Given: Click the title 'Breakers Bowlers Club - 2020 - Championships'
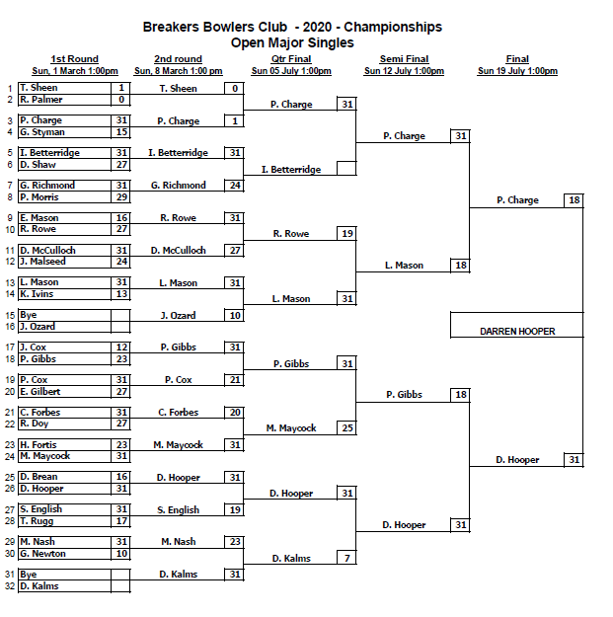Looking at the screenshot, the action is (291, 27).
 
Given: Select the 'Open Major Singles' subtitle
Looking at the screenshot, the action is (291, 42).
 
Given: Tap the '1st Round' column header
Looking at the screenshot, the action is (75, 59).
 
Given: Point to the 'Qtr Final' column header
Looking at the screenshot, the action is (291, 59).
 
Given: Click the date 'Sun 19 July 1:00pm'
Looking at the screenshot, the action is (517, 71).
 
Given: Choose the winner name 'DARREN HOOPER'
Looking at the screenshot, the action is (517, 331).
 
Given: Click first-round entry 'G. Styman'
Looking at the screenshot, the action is (42, 131).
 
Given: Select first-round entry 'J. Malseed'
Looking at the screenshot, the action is (43, 262).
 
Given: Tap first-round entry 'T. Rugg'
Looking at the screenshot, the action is (38, 520).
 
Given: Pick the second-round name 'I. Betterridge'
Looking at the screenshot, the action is (179, 153).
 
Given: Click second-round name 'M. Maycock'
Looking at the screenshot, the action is (179, 445).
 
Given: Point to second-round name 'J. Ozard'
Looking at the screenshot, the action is (179, 316).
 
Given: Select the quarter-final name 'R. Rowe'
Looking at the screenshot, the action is (291, 234).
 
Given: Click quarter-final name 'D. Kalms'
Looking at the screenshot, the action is (291, 559).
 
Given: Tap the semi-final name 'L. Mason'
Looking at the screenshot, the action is (404, 266).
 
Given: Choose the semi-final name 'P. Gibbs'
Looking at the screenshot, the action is (404, 395).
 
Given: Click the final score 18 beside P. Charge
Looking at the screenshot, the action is (574, 200).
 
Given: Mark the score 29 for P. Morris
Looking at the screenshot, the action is (121, 197).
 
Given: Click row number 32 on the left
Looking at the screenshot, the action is (9, 586).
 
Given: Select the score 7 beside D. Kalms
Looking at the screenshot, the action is (346, 559).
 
